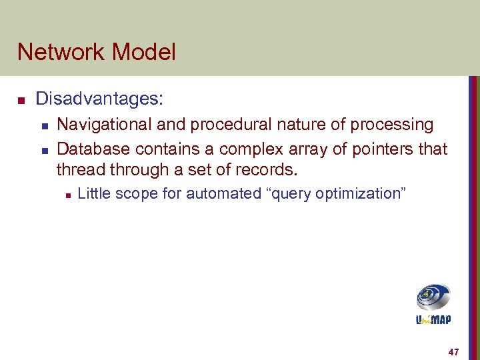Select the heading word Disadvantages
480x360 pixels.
click(x=97, y=99)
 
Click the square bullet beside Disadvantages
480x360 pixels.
click(x=21, y=101)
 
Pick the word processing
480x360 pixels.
click(x=392, y=125)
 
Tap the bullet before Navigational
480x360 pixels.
click(x=44, y=125)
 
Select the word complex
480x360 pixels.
click(x=247, y=148)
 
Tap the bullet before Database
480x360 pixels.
click(x=44, y=149)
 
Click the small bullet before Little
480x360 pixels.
click(x=68, y=195)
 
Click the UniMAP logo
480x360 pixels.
click(x=433, y=304)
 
